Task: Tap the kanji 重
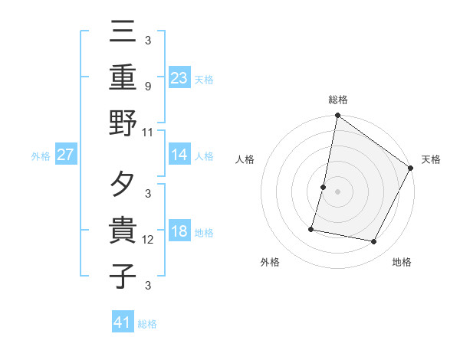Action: click(x=123, y=77)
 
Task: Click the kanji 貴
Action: click(x=123, y=231)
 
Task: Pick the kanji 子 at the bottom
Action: click(x=123, y=276)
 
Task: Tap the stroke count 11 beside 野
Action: click(x=148, y=132)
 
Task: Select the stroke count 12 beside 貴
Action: click(x=148, y=240)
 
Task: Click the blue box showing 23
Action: click(x=179, y=77)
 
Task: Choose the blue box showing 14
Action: click(x=179, y=154)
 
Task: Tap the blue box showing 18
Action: click(x=179, y=231)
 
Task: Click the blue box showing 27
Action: click(x=65, y=155)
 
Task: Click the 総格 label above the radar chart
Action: click(x=337, y=100)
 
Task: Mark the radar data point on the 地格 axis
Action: click(x=374, y=242)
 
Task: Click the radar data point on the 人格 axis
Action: click(x=324, y=187)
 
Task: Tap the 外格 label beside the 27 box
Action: click(x=41, y=156)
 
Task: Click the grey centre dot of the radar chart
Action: click(x=337, y=191)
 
